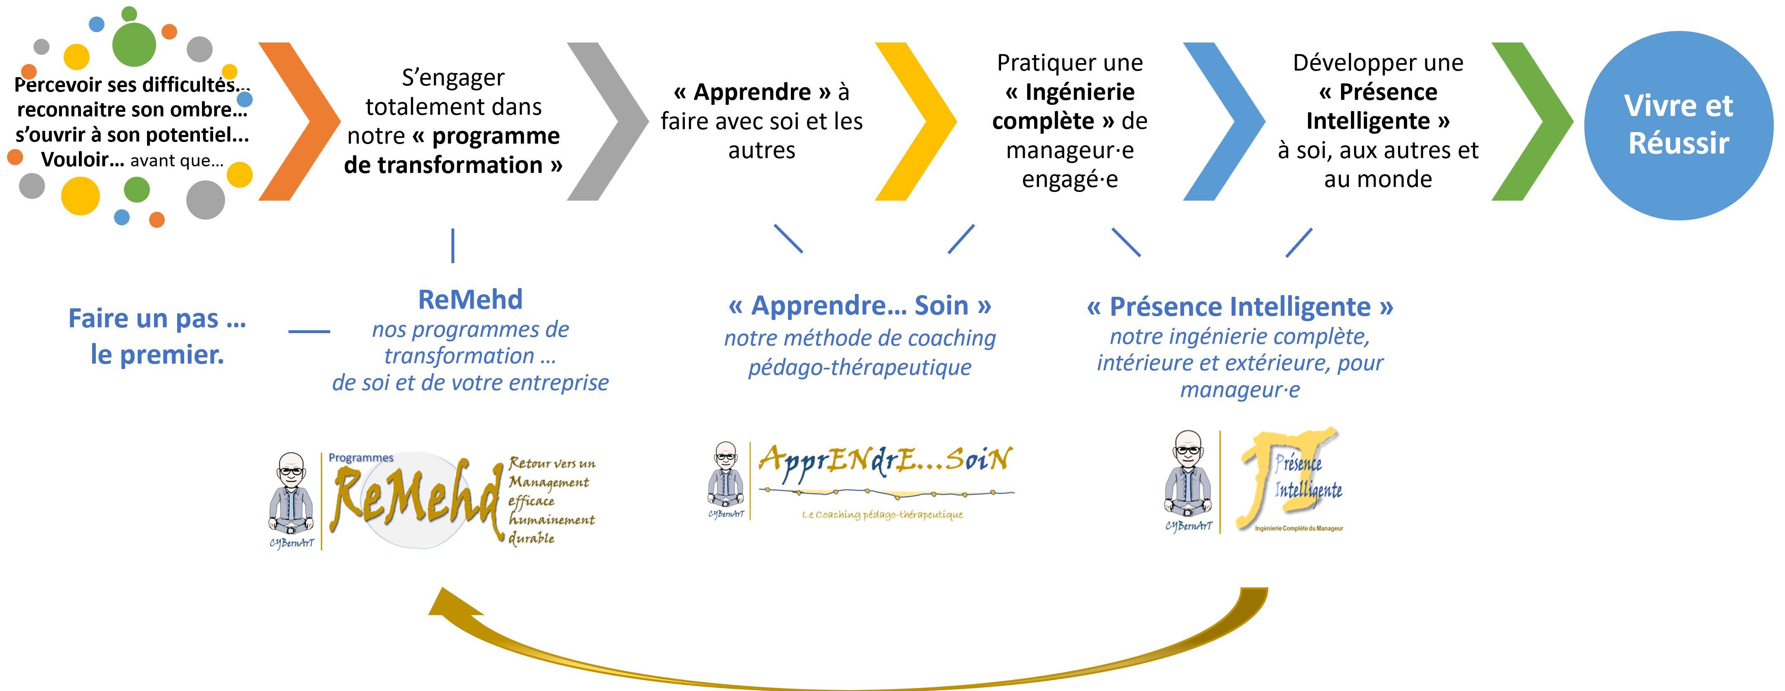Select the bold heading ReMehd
[x=470, y=300]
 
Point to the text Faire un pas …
[x=157, y=319]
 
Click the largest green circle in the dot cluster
[x=134, y=44]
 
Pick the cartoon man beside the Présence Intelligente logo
[x=1188, y=478]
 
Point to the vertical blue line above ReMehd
[x=453, y=246]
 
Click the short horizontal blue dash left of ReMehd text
[x=309, y=331]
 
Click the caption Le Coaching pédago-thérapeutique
[x=882, y=514]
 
